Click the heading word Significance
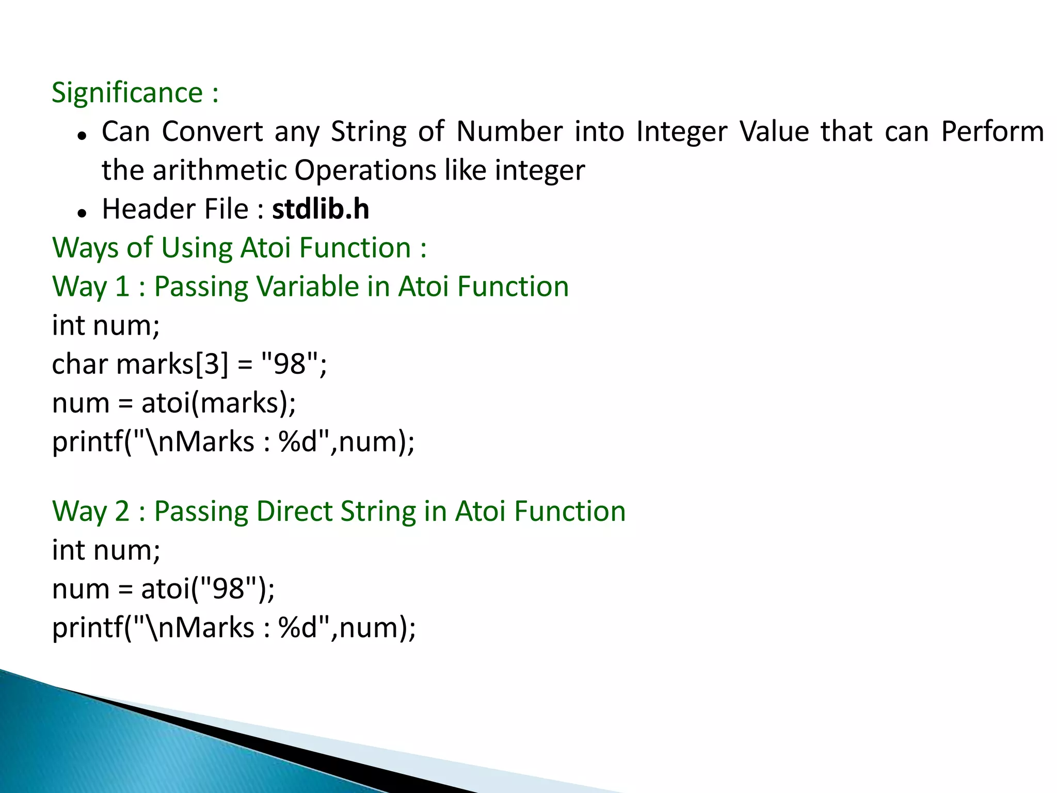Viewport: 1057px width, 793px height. pyautogui.click(x=127, y=93)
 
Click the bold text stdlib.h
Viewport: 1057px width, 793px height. pyautogui.click(x=321, y=209)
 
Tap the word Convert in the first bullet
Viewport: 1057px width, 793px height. pyautogui.click(x=213, y=132)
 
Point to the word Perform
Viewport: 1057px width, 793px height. pyautogui.click(x=992, y=132)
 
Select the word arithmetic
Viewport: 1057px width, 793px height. pyautogui.click(x=219, y=170)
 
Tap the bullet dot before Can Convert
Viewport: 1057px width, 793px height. pyautogui.click(x=82, y=135)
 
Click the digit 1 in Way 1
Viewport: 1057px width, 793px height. pyautogui.click(x=122, y=287)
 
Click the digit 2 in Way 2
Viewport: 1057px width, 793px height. pyautogui.click(x=122, y=512)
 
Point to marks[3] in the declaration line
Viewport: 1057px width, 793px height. pyautogui.click(x=172, y=364)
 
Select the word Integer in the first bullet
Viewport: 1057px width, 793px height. pyautogui.click(x=681, y=132)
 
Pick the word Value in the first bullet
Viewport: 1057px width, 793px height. pyautogui.click(x=774, y=132)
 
